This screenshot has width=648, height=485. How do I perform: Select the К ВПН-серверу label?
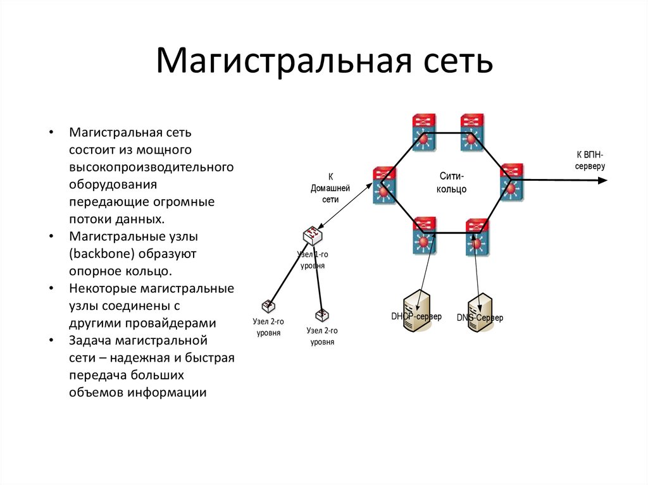coord(590,160)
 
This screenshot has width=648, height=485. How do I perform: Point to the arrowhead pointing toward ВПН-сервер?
coord(602,181)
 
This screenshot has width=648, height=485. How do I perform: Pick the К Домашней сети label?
coord(330,187)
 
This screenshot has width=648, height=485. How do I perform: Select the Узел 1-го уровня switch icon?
coord(313,236)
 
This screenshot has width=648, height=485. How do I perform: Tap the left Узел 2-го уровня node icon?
coord(268,307)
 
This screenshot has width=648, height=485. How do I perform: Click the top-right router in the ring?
coord(472,132)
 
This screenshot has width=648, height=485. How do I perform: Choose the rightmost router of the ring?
coord(511,182)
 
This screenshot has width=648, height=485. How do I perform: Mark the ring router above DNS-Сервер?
coord(477,236)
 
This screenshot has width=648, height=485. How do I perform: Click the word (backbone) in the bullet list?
coord(105,254)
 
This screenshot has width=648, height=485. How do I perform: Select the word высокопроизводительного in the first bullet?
coord(152,168)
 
